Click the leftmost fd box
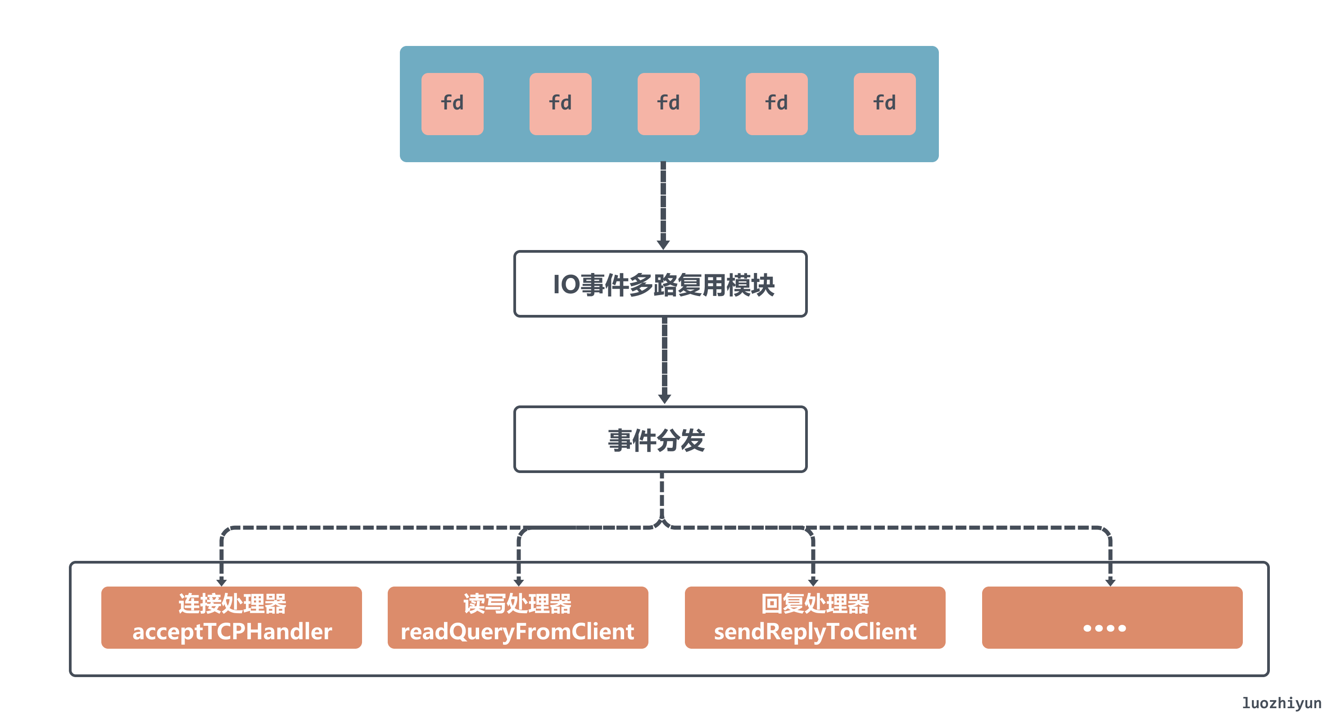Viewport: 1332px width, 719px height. click(452, 104)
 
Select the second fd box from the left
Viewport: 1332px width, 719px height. click(560, 104)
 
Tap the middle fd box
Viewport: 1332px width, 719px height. click(668, 104)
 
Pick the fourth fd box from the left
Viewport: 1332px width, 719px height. click(776, 104)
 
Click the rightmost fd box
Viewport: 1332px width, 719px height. click(884, 104)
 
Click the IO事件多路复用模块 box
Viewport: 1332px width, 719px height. click(660, 284)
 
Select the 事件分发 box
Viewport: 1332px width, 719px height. click(660, 439)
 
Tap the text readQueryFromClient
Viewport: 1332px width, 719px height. click(517, 632)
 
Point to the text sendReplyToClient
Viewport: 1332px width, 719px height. click(815, 632)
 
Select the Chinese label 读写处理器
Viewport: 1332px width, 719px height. click(517, 603)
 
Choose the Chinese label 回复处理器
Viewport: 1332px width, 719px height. click(815, 603)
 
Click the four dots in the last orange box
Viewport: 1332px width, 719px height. click(1105, 628)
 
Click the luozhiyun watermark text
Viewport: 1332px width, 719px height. click(1281, 703)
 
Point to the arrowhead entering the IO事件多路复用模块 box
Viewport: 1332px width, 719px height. click(663, 244)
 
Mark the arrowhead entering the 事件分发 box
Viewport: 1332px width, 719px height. click(665, 399)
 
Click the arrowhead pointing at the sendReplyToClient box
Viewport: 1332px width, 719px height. click(813, 582)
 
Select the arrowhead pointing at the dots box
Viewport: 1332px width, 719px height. click(1110, 582)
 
